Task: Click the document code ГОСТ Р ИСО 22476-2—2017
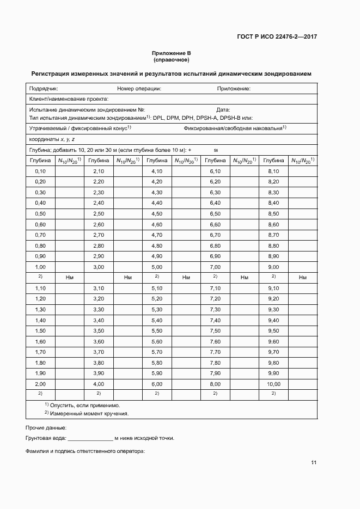[x=277, y=36]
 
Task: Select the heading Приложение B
[x=171, y=53]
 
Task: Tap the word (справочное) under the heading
[x=171, y=60]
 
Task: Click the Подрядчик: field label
[x=44, y=88]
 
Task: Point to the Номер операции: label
[x=138, y=88]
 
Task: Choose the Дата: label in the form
[x=223, y=110]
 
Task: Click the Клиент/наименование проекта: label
[x=69, y=99]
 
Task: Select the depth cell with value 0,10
[x=40, y=171]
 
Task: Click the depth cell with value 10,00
[x=273, y=384]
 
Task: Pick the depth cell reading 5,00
[x=156, y=267]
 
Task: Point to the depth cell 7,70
[x=215, y=352]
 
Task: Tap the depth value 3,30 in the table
[x=99, y=309]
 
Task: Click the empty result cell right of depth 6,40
[x=244, y=203]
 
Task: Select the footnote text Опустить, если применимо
[x=85, y=405]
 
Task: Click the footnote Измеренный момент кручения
[x=90, y=413]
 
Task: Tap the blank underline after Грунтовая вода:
[x=90, y=438]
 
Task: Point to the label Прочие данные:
[x=46, y=427]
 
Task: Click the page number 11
[x=314, y=463]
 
